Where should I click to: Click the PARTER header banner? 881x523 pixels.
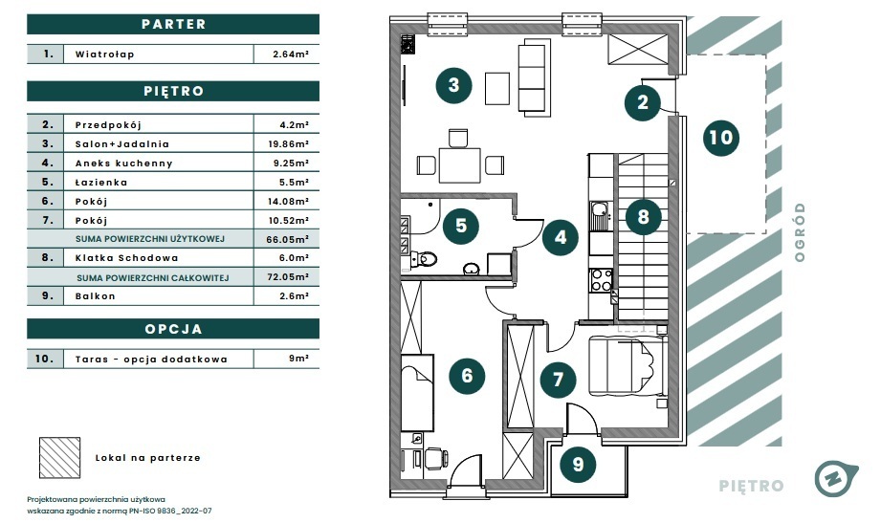pyautogui.click(x=173, y=24)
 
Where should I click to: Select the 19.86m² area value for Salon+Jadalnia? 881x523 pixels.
pyautogui.click(x=288, y=144)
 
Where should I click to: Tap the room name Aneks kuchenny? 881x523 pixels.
pyautogui.click(x=123, y=163)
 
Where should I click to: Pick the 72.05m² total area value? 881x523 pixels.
pyautogui.click(x=287, y=277)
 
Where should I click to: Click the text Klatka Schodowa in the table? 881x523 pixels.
pyautogui.click(x=126, y=258)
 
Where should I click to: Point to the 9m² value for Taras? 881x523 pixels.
pyautogui.click(x=298, y=359)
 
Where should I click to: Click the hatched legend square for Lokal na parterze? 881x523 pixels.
pyautogui.click(x=59, y=458)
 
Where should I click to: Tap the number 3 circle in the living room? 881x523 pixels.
pyautogui.click(x=454, y=85)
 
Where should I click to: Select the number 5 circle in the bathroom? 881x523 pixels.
pyautogui.click(x=461, y=226)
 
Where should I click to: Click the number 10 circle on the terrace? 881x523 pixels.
pyautogui.click(x=721, y=138)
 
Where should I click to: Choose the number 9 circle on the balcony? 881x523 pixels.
pyautogui.click(x=578, y=465)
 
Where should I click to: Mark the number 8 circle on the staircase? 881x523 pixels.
pyautogui.click(x=644, y=217)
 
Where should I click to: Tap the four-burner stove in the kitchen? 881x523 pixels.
pyautogui.click(x=601, y=280)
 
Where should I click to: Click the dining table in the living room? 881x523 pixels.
pyautogui.click(x=459, y=165)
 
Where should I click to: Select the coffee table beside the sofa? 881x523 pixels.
pyautogui.click(x=497, y=88)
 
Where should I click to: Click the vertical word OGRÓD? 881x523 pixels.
pyautogui.click(x=800, y=232)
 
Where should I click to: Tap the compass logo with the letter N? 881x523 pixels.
pyautogui.click(x=835, y=479)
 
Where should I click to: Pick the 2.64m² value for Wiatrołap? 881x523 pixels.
pyautogui.click(x=291, y=54)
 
